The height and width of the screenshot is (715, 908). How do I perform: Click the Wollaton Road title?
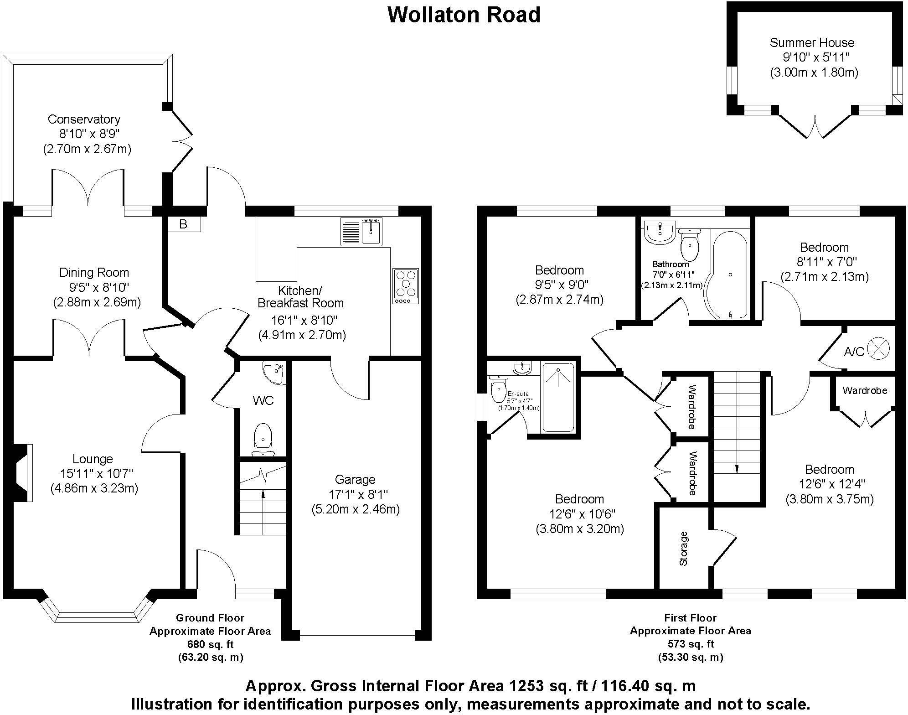click(x=464, y=15)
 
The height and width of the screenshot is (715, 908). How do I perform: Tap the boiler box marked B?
click(x=183, y=224)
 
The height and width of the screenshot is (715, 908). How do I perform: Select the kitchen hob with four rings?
click(x=405, y=286)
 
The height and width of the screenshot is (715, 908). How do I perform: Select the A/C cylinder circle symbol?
click(x=878, y=349)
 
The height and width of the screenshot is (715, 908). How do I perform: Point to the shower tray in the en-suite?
click(x=558, y=397)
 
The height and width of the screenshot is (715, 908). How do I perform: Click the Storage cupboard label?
click(x=683, y=548)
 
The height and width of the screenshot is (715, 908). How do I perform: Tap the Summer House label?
click(x=812, y=43)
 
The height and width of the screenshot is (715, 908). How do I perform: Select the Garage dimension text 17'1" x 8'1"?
click(x=358, y=494)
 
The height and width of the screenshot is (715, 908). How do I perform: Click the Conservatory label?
click(x=84, y=119)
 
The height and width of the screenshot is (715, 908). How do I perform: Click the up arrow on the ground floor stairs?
click(x=263, y=495)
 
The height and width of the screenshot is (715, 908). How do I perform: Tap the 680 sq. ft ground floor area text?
click(x=210, y=644)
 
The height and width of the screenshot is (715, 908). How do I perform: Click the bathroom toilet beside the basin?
click(x=689, y=244)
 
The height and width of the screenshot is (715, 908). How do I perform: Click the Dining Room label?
click(x=94, y=273)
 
